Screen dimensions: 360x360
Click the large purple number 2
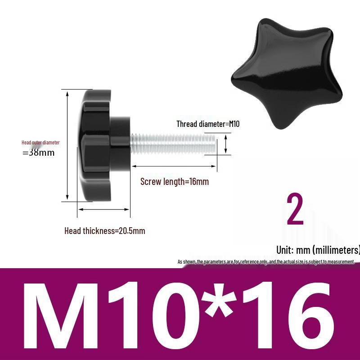point(295,210)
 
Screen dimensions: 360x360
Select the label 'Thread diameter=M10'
point(207,124)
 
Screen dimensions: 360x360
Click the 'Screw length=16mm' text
point(175,182)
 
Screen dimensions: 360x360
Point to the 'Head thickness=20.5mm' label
point(104,231)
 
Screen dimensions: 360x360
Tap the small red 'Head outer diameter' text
point(40,143)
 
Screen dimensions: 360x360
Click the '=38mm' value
point(38,153)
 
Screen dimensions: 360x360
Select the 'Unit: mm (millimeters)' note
point(318,250)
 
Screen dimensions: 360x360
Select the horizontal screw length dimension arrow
point(174,166)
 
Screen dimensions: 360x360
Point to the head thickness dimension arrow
point(103,209)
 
